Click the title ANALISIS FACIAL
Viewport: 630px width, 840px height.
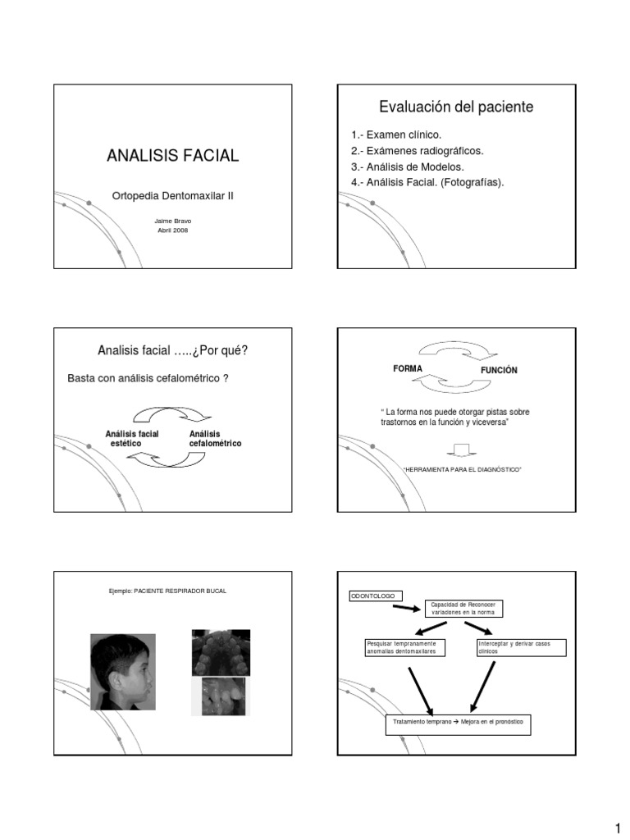click(172, 155)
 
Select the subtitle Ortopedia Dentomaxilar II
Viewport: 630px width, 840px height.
click(172, 196)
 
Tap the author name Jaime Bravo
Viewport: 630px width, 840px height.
click(172, 221)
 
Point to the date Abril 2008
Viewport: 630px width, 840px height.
click(172, 231)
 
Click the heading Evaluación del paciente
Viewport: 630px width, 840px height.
click(456, 107)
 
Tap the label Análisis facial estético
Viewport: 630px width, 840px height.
click(132, 438)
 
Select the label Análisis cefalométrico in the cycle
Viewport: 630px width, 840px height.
click(215, 438)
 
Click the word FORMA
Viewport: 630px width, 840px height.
click(408, 369)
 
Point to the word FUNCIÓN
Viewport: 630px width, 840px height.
click(499, 371)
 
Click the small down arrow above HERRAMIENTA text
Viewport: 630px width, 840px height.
click(462, 449)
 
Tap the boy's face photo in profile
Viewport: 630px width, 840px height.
click(122, 671)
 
